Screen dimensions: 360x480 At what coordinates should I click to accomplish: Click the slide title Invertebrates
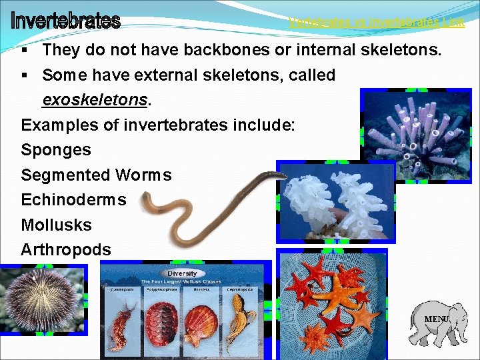[x=65, y=21]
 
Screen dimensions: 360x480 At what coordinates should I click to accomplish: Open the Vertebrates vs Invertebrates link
[x=377, y=23]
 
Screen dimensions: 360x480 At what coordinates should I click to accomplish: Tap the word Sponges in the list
[x=56, y=149]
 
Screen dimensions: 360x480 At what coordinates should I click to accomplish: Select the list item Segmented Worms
[x=96, y=175]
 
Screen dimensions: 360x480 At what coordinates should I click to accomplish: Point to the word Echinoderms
[x=73, y=200]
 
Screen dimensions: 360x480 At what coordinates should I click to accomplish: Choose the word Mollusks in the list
[x=56, y=225]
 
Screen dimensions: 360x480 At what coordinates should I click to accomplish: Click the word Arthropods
[x=66, y=249]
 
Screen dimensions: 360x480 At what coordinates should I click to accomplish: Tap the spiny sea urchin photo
[x=40, y=300]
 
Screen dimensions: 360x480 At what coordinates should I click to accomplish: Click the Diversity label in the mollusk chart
[x=182, y=273]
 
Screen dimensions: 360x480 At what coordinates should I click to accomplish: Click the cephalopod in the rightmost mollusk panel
[x=239, y=323]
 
